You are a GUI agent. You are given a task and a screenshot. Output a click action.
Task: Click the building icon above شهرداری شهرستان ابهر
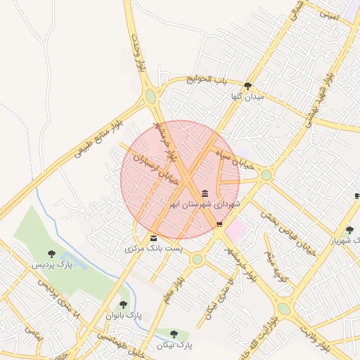(x=205, y=193)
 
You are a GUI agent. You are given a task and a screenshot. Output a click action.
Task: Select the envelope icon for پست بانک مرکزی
(x=154, y=238)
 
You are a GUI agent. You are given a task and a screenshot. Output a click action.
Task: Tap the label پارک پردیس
(x=51, y=265)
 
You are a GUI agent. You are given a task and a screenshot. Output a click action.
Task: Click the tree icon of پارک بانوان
(x=124, y=304)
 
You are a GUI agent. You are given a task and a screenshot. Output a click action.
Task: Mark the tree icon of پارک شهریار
(x=349, y=229)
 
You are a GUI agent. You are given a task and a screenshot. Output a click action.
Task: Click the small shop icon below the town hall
(x=220, y=224)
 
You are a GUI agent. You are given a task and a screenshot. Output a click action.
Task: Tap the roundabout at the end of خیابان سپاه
(x=266, y=175)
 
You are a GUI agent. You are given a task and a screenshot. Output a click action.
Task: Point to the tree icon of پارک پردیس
(x=51, y=253)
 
